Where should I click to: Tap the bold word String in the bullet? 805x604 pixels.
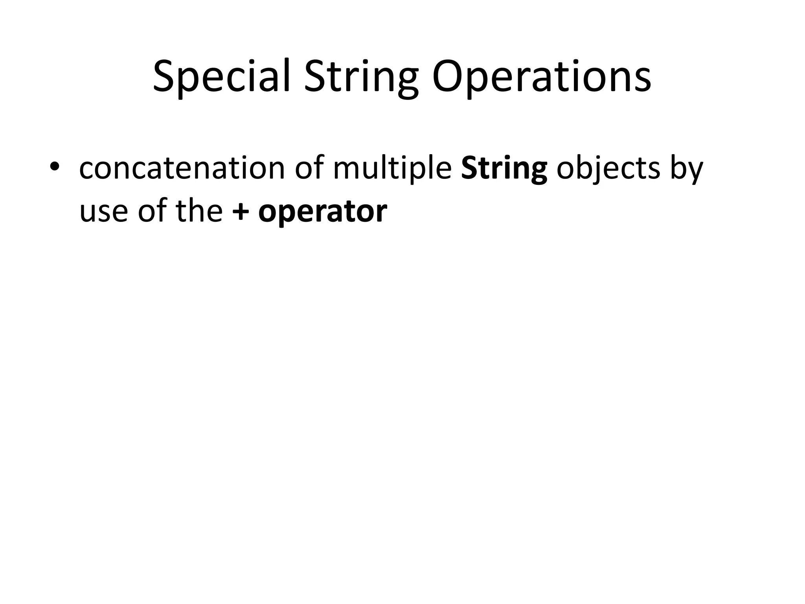504,168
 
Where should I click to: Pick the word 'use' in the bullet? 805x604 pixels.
103,212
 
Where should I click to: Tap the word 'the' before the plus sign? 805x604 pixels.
199,211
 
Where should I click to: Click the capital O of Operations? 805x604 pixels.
448,76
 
